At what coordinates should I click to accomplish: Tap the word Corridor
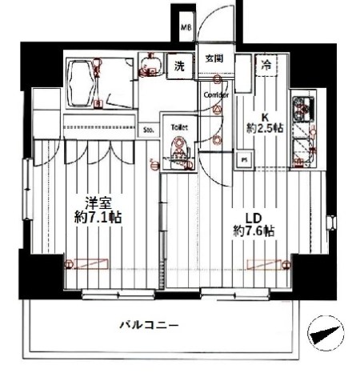(217, 95)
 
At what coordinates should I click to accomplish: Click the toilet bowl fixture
(179, 150)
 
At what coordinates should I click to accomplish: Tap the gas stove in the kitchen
(303, 107)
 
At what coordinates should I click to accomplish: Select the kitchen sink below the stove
(302, 148)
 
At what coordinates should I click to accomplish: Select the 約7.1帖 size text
(98, 216)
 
